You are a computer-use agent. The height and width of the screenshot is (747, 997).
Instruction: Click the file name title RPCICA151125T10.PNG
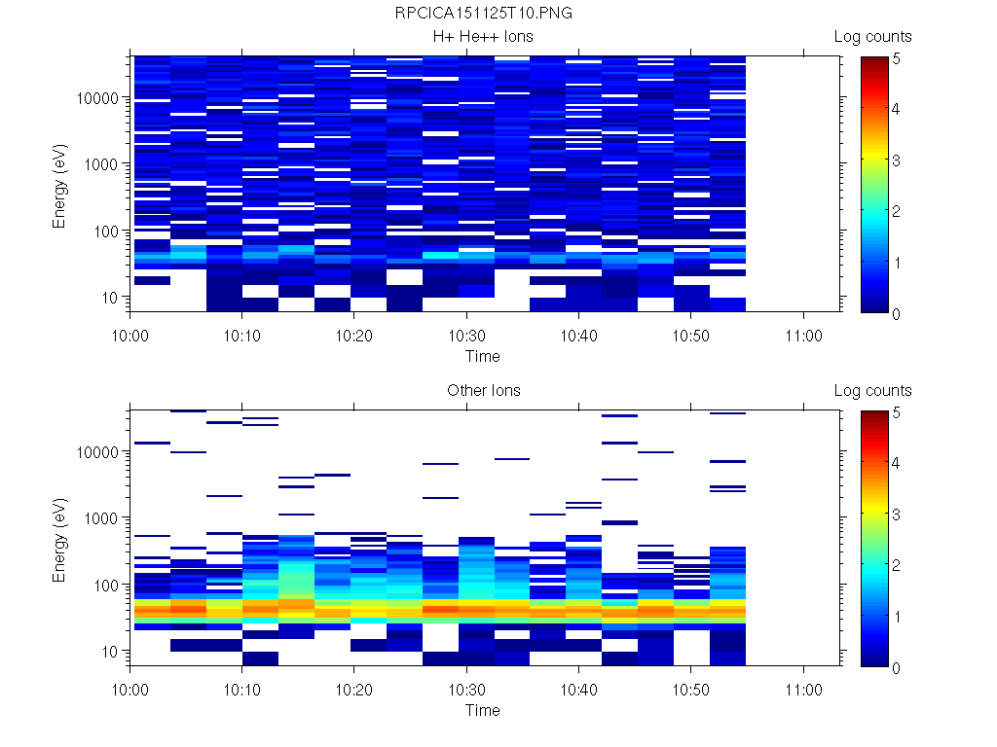click(483, 14)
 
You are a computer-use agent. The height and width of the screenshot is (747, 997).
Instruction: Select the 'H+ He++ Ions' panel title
click(483, 37)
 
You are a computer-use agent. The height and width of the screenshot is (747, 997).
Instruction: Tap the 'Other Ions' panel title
click(483, 391)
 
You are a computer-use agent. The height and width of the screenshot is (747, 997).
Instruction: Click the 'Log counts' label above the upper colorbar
click(872, 37)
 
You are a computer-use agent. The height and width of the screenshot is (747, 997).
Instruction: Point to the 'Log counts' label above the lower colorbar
click(872, 391)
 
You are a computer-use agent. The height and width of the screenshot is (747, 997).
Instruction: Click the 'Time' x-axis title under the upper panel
click(482, 356)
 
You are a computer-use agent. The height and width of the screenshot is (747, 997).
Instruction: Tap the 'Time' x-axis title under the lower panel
click(482, 710)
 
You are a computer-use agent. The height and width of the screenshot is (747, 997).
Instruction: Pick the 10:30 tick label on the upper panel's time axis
click(467, 334)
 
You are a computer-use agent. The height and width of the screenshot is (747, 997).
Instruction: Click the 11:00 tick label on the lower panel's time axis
click(803, 688)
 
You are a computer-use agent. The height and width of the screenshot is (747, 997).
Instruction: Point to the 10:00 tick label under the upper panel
click(130, 334)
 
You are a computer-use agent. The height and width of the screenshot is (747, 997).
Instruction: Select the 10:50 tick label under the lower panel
click(691, 688)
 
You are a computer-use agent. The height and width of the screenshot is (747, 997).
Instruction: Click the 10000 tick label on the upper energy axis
click(99, 98)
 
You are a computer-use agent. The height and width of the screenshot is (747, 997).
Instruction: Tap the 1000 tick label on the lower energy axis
click(103, 518)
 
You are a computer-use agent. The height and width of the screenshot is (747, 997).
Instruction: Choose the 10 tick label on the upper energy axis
click(110, 297)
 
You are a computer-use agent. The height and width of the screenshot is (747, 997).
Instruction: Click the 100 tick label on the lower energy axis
click(106, 585)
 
